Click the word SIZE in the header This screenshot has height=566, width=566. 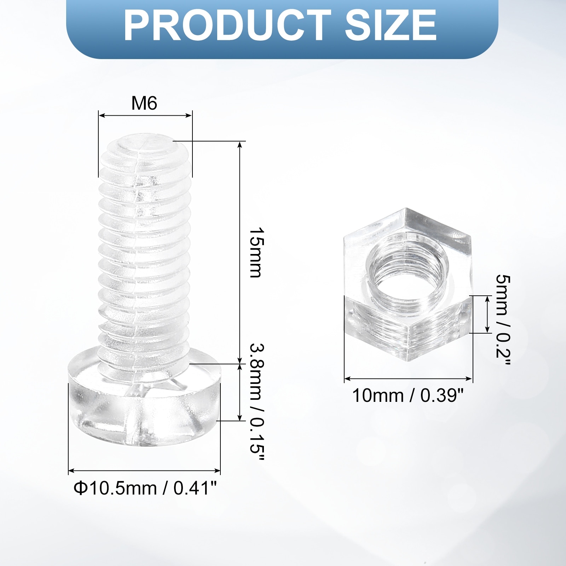pos(391,25)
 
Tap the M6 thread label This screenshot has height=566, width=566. pos(144,103)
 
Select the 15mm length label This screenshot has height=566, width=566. pos(257,253)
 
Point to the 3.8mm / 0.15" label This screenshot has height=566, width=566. pos(257,402)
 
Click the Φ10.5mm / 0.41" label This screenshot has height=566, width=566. pos(145,488)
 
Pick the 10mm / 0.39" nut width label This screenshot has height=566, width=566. pos(408,395)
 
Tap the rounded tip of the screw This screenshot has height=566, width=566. pos(145,145)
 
